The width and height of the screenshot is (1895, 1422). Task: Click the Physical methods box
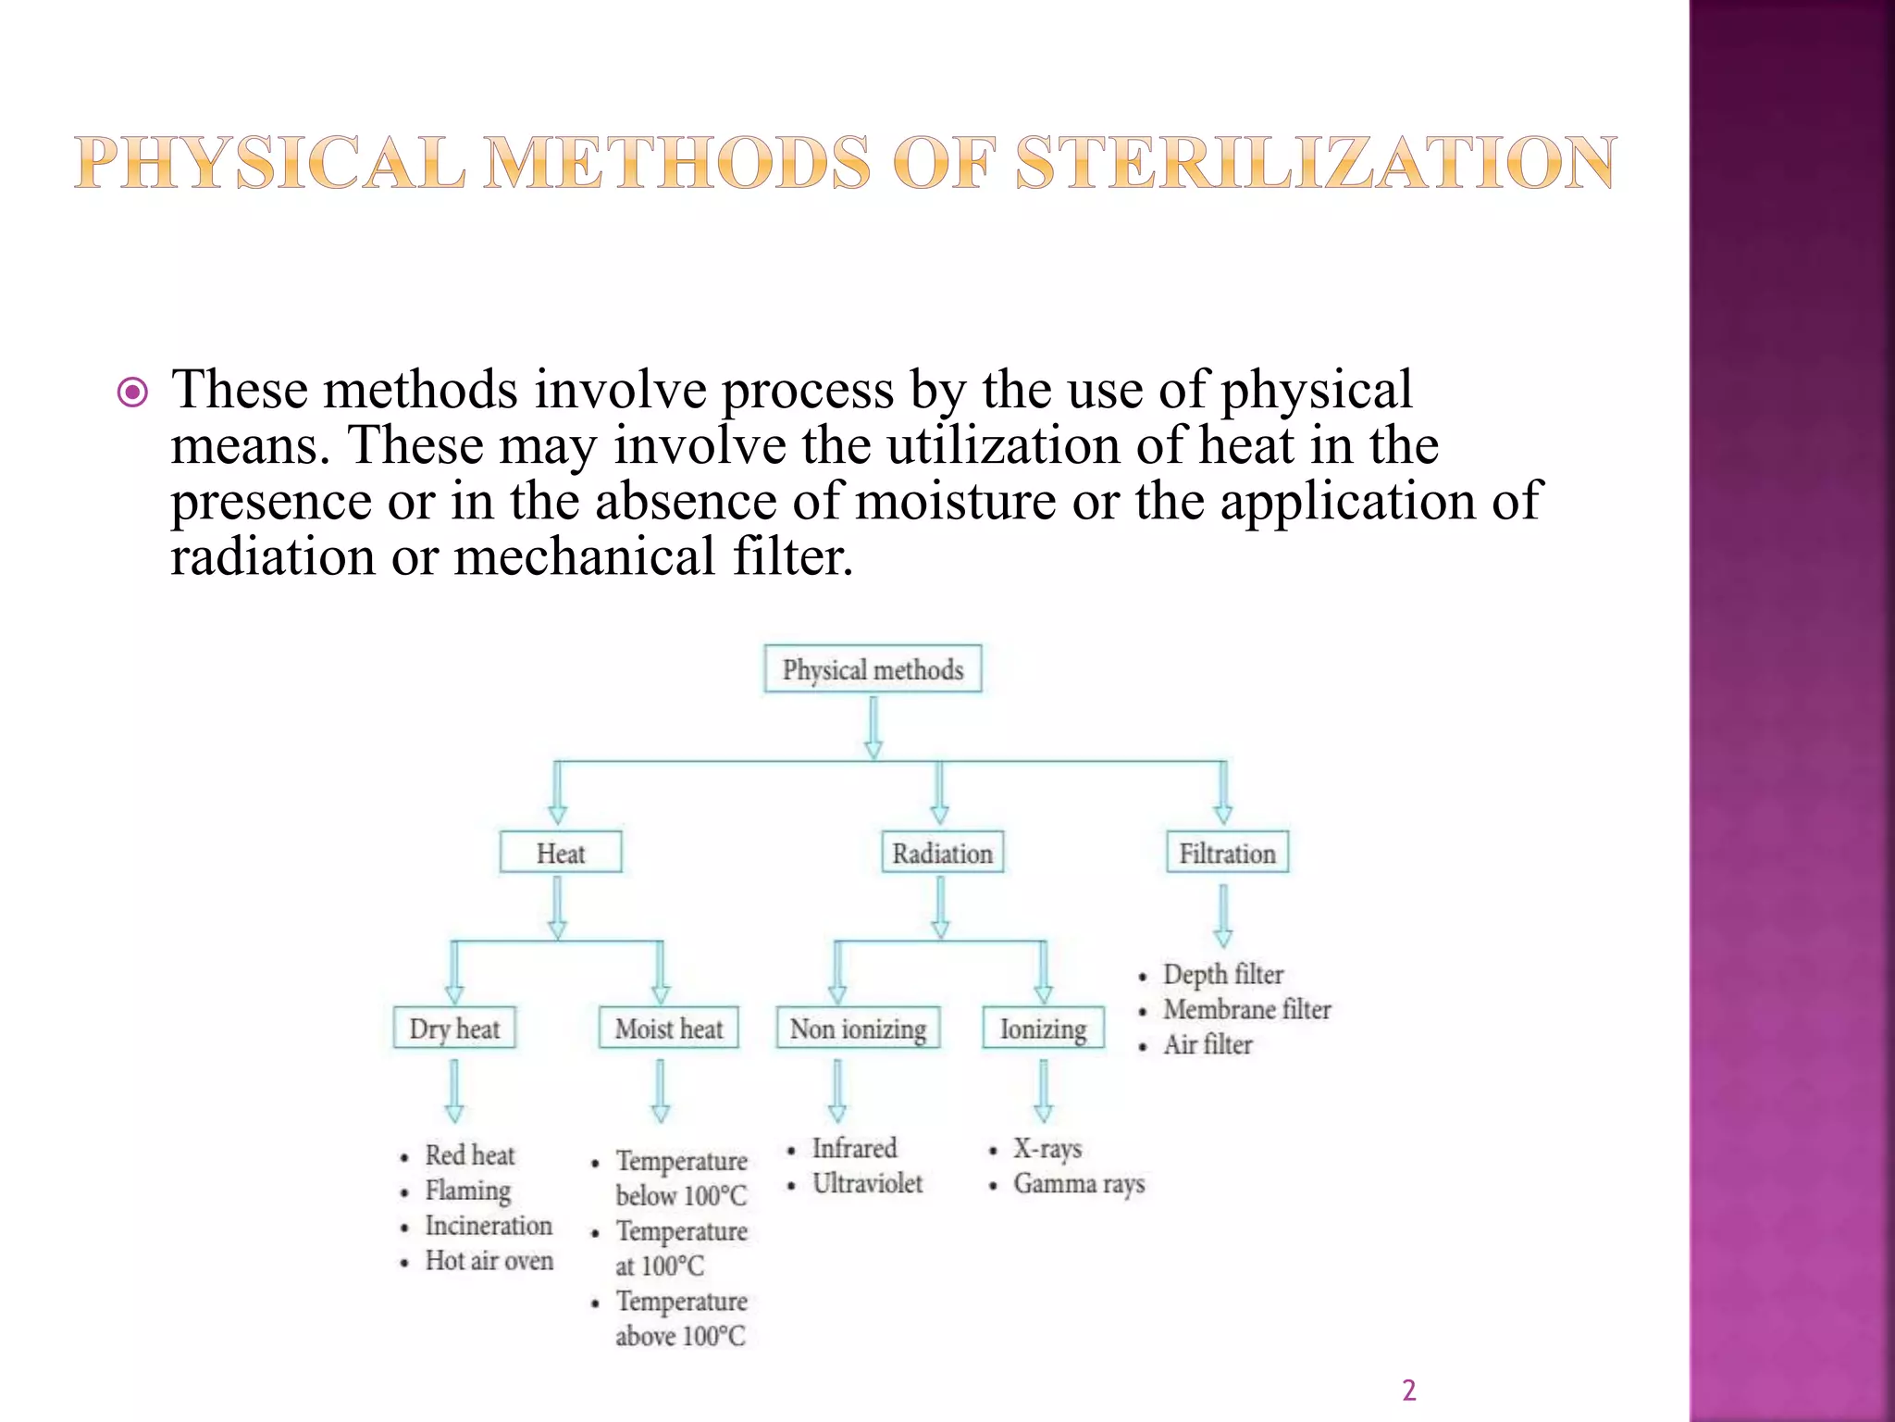click(x=873, y=669)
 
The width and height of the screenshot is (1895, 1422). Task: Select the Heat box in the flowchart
click(x=561, y=853)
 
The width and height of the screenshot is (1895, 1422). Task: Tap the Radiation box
click(x=942, y=853)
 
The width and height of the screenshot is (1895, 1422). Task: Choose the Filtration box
click(x=1227, y=853)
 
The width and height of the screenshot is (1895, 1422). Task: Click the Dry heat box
click(x=454, y=1029)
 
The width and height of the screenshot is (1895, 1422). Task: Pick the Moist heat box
click(x=669, y=1029)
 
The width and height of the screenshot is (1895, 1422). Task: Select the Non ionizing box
click(x=858, y=1029)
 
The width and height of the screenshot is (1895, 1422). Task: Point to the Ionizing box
click(x=1043, y=1029)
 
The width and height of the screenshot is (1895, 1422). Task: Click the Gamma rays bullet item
click(x=1079, y=1183)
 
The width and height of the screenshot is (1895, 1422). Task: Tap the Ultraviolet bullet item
click(x=867, y=1183)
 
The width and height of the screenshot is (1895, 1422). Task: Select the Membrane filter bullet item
click(x=1246, y=1009)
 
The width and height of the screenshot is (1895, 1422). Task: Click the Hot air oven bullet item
click(x=489, y=1261)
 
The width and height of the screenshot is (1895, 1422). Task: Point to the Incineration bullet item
click(x=489, y=1226)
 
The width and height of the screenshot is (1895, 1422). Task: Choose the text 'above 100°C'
click(x=680, y=1336)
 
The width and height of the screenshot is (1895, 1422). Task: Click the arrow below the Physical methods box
click(x=873, y=728)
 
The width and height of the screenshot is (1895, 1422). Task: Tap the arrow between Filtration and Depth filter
click(x=1223, y=915)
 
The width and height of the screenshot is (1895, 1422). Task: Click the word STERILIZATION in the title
click(x=1316, y=163)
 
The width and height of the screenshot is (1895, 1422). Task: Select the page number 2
click(x=1408, y=1391)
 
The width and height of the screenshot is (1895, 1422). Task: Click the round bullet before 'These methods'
click(x=133, y=393)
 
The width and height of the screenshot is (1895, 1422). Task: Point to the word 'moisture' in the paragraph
click(x=954, y=501)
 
